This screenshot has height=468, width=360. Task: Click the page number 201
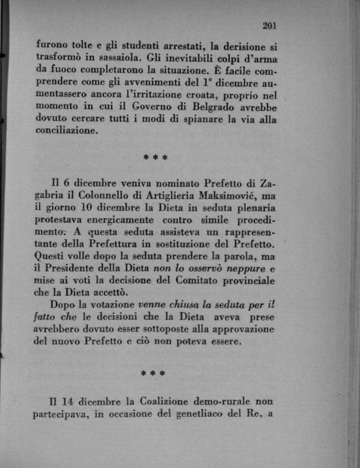coord(269,26)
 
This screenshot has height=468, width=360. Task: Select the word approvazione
coord(238,331)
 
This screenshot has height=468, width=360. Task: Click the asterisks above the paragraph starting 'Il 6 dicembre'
coord(155,157)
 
